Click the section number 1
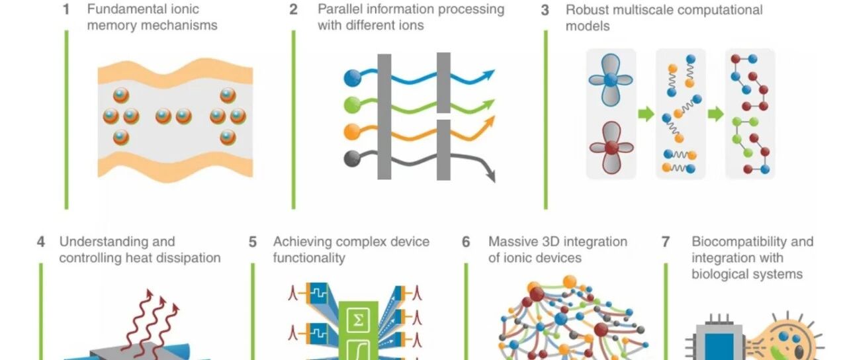pos(66,9)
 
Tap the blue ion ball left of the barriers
pos(353,78)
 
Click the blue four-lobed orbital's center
pos(610,80)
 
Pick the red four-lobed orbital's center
pos(611,148)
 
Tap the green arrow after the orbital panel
pos(646,114)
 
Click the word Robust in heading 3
pos(587,10)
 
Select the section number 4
pos(41,242)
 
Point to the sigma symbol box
pos(358,320)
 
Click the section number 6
pos(466,242)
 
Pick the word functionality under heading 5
pos(309,258)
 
